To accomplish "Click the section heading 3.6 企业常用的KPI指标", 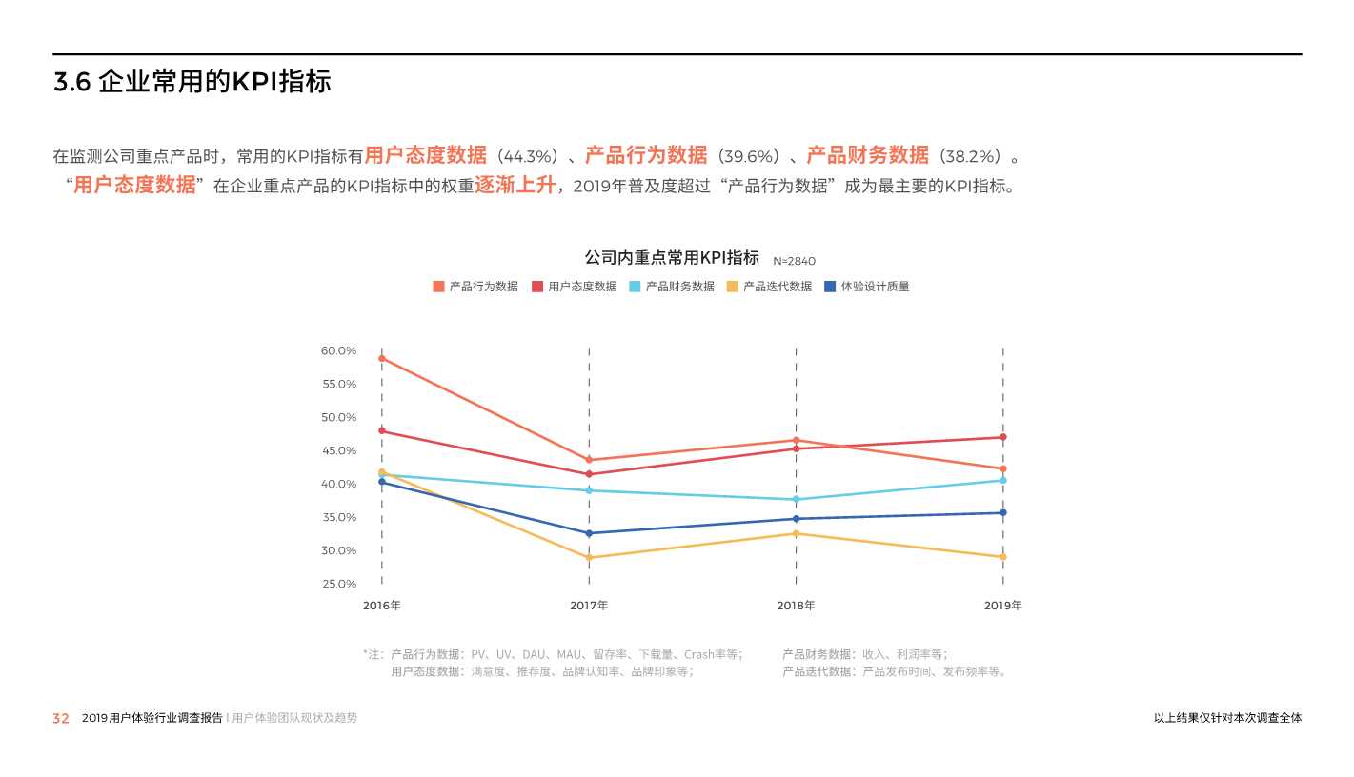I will coord(192,83).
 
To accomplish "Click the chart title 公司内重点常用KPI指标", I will coord(672,258).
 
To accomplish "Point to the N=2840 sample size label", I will coord(794,261).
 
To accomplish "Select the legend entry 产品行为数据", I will coord(475,287).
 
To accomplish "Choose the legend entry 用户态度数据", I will coord(575,287).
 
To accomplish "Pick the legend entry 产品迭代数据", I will coord(770,287).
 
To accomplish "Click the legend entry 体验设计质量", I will coord(867,287).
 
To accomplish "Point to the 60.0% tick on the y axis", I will coord(338,351).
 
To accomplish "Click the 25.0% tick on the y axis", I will coord(338,584).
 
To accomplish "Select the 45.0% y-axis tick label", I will coord(338,450).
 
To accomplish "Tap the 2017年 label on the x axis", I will coord(589,606).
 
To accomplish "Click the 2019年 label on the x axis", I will coord(1002,606).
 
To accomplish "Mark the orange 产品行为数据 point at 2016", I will coord(382,358).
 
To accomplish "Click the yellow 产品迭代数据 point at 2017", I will coord(589,558).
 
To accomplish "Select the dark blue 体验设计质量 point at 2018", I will coord(796,519).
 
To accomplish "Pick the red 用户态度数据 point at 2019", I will coord(1002,437).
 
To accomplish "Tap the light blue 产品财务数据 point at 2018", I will coord(796,499).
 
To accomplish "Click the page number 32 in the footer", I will coord(61,719).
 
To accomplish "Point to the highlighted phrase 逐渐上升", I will coord(515,185).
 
